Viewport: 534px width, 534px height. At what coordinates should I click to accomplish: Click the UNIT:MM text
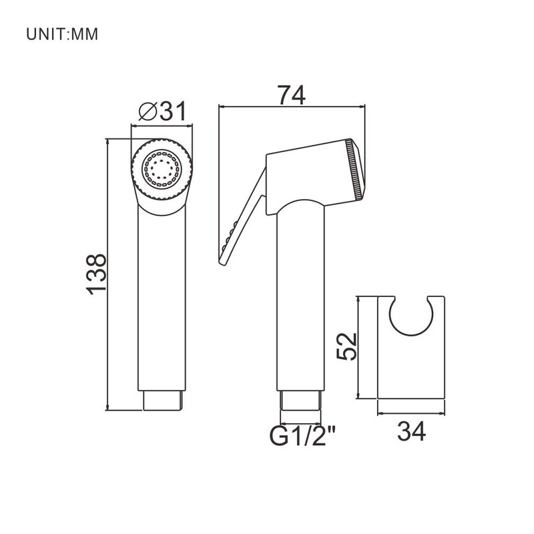(x=62, y=34)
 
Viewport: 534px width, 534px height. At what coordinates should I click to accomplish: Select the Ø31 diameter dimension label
(x=163, y=111)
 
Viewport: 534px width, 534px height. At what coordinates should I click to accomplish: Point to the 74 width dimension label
(x=291, y=95)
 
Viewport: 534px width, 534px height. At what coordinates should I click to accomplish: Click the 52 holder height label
(x=346, y=346)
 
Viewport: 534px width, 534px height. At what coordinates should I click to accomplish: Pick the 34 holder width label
(x=411, y=431)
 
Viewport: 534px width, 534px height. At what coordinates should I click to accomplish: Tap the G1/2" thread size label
(x=303, y=436)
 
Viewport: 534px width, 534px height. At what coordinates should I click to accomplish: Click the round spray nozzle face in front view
(x=162, y=168)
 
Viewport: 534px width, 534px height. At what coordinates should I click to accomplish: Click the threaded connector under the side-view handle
(x=300, y=400)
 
